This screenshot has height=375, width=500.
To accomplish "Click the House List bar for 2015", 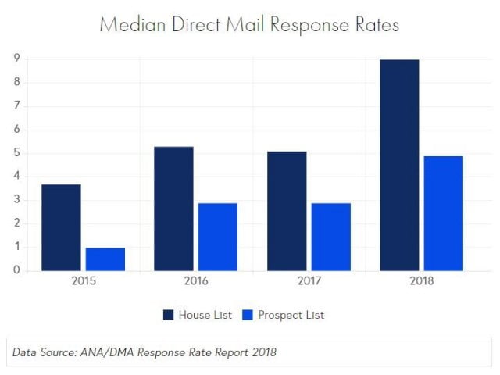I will [x=61, y=227].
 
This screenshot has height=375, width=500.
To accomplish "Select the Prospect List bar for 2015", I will [x=105, y=259].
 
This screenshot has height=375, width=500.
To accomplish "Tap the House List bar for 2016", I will [x=173, y=209].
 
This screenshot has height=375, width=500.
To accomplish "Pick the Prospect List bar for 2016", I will [x=217, y=237].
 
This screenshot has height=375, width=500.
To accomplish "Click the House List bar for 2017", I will [x=286, y=211].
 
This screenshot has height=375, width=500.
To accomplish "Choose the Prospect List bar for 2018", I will [x=443, y=213].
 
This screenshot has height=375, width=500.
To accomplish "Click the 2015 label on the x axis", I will [x=84, y=281].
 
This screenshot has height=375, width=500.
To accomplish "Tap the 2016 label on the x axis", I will [x=196, y=281].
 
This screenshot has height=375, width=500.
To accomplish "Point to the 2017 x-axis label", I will [x=309, y=281].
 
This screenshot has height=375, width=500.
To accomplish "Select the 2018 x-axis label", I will [x=421, y=281].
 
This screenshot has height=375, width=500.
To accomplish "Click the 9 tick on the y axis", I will [x=16, y=58].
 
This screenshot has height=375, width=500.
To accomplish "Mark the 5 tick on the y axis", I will [x=16, y=152].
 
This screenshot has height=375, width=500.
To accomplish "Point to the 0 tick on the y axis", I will [x=16, y=271].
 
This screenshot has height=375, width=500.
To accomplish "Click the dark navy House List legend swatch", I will [x=169, y=315].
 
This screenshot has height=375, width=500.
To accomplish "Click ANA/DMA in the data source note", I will [x=106, y=352].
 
